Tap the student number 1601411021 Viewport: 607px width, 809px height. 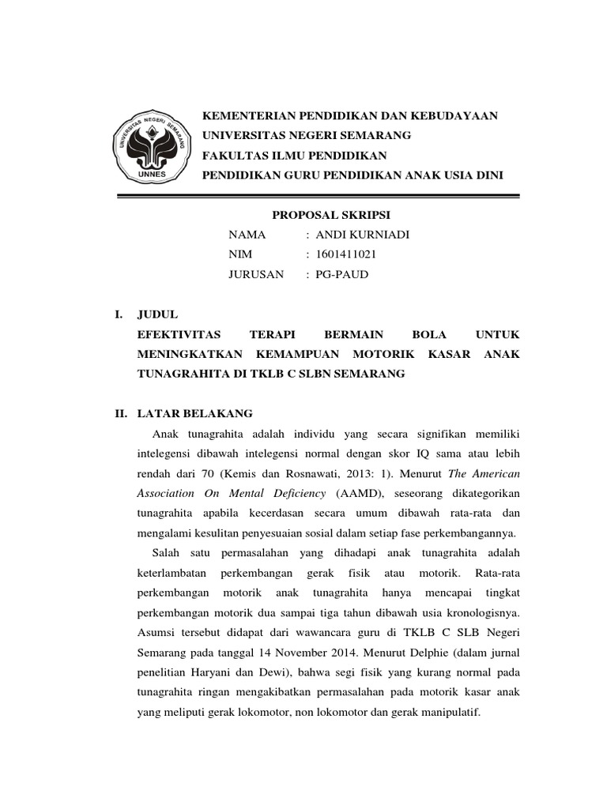pos(346,254)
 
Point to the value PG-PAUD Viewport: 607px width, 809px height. pos(342,275)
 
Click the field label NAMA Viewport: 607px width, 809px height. pos(247,235)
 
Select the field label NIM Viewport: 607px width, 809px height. pos(240,254)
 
